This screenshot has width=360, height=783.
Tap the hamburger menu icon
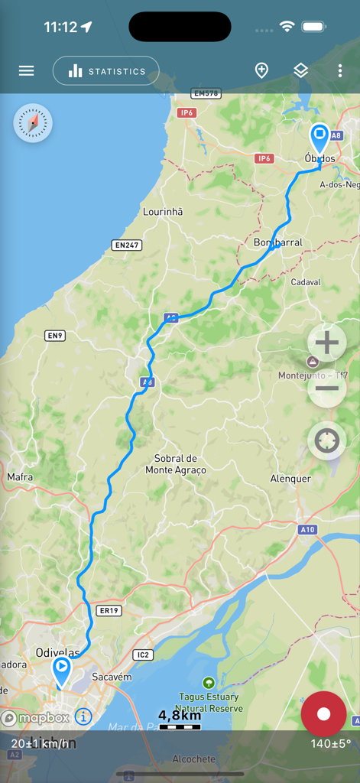pos(27,71)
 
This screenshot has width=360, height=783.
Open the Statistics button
pos(106,71)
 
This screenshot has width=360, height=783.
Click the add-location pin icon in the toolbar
pos(261,71)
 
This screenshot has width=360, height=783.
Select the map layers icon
pos(301,71)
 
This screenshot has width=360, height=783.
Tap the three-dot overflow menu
pos(340,71)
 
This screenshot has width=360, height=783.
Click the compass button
pos(33,123)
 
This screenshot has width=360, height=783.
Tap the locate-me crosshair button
pos(326,441)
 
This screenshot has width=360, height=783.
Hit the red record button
pos(323,714)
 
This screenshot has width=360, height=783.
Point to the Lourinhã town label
pos(164,212)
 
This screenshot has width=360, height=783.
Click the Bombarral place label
pos(277,242)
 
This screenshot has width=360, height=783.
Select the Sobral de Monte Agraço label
pos(176,464)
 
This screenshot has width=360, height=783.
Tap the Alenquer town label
pos(290,479)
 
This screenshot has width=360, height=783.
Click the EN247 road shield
pos(127,245)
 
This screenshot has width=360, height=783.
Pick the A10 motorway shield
pos(307,529)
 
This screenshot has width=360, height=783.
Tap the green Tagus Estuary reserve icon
pos(209,682)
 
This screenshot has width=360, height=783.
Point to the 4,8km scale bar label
pos(180,716)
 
